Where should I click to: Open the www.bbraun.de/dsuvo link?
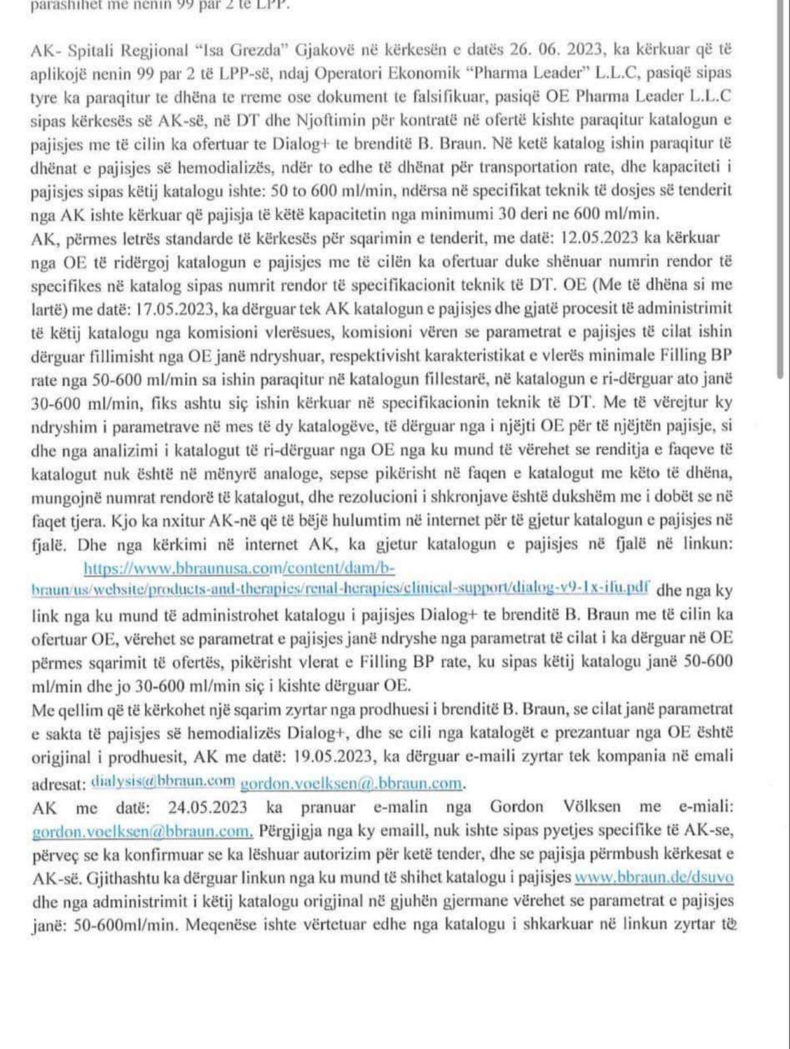(653, 877)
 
